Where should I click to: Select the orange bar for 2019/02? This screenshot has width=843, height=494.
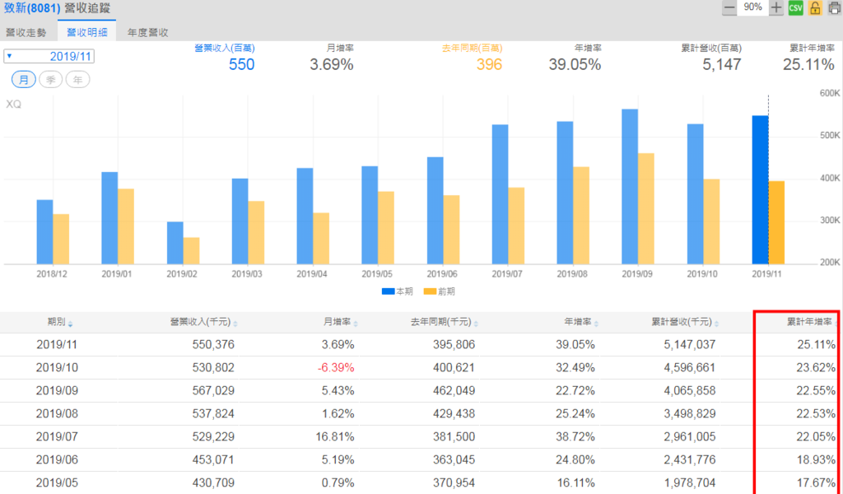(191, 250)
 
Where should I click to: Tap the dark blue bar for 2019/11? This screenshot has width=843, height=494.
(760, 189)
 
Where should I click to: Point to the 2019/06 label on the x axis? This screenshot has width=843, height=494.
(442, 273)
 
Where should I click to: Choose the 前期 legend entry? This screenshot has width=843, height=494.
(439, 291)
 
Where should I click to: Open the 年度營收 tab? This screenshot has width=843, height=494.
(147, 33)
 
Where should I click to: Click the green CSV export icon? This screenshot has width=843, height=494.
(795, 7)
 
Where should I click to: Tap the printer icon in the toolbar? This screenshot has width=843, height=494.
(834, 7)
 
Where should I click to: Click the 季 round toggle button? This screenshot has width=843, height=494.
(50, 80)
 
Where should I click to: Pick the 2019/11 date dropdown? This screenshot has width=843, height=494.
(49, 57)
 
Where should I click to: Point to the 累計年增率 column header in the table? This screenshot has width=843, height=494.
(809, 322)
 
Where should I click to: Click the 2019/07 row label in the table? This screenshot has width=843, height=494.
(56, 436)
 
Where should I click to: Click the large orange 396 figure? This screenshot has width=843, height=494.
(488, 64)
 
